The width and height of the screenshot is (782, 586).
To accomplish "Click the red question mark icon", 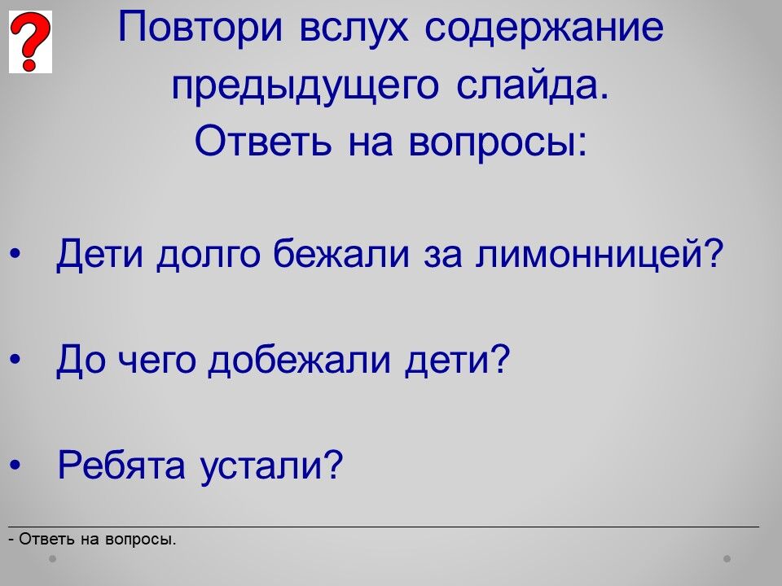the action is click(x=30, y=42).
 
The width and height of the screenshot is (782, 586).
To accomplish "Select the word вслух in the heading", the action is click(x=353, y=28).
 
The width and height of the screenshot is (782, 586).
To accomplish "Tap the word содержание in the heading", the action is click(x=544, y=28).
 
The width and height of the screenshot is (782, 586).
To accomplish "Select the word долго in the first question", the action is click(x=208, y=255).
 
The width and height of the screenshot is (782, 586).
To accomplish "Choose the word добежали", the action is click(x=299, y=359).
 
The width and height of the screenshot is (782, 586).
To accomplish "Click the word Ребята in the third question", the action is click(x=121, y=465).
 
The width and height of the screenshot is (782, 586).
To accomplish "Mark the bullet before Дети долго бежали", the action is click(x=15, y=254).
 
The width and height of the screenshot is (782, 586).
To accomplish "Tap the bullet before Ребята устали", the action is click(x=15, y=465).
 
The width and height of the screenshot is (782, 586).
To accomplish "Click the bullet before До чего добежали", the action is click(x=15, y=359).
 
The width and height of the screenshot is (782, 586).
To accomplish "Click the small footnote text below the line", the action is click(x=92, y=539).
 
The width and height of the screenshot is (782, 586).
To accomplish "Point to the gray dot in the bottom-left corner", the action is click(x=52, y=558).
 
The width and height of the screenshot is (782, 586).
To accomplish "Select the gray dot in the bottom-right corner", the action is click(x=727, y=558).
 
